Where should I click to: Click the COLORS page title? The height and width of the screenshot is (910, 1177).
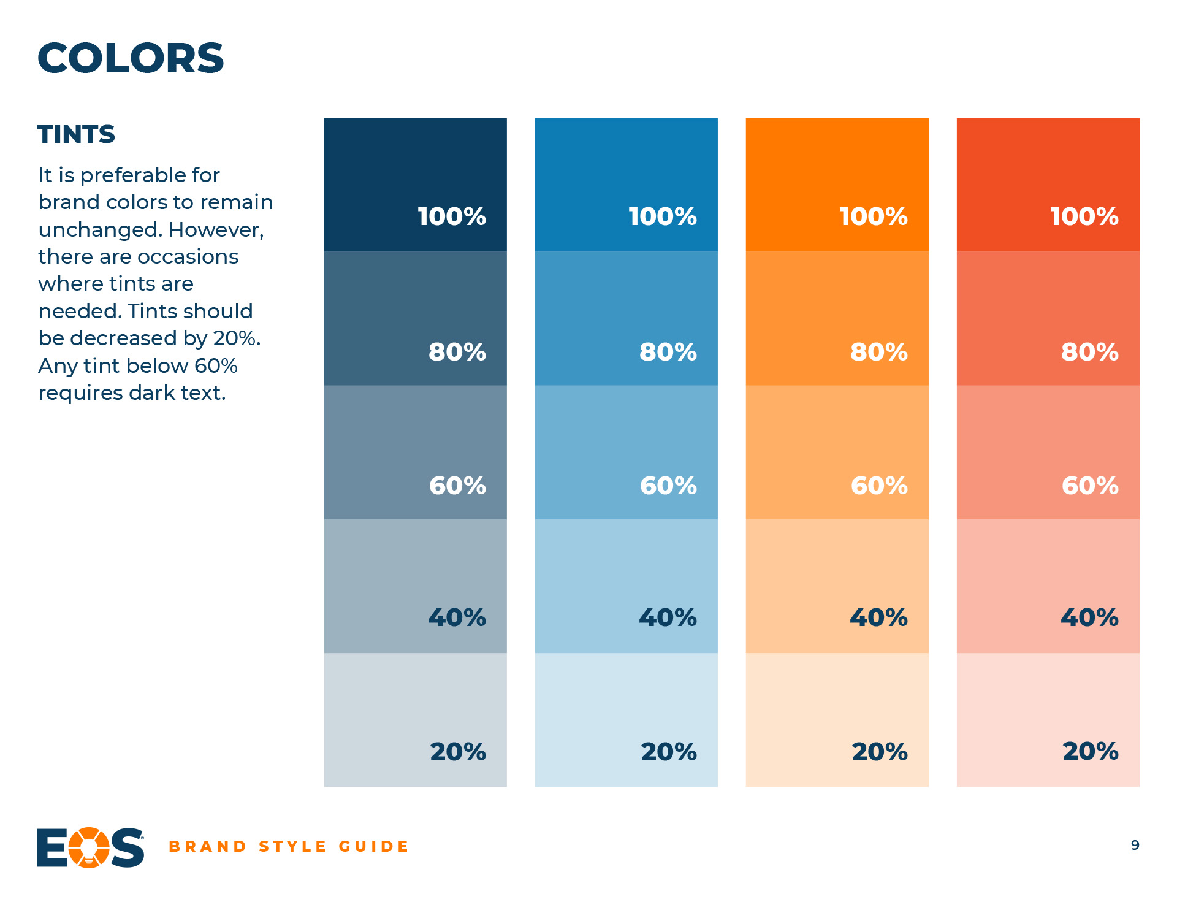point(131,58)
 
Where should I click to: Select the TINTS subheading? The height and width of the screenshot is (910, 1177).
point(76,134)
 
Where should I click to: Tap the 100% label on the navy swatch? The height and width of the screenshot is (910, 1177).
point(452,216)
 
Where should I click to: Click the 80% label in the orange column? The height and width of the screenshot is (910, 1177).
point(879,352)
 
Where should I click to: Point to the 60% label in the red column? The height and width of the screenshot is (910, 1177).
point(1090,486)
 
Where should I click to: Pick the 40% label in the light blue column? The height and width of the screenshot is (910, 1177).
point(668,617)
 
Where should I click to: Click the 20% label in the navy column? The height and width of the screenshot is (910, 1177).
point(458,752)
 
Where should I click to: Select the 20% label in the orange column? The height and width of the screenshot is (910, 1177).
point(880,752)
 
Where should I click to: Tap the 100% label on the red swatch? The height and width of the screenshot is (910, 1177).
point(1084,216)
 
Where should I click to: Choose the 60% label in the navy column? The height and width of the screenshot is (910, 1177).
point(457,486)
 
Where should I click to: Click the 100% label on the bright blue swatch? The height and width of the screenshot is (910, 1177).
point(663,216)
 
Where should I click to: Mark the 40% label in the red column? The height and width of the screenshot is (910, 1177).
point(1089,617)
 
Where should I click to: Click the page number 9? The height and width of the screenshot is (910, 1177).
point(1135,846)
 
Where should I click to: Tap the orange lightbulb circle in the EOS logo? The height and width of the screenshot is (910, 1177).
point(89,847)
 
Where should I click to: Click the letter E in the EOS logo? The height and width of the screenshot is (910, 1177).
point(52,847)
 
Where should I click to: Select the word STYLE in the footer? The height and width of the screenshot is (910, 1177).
point(292,847)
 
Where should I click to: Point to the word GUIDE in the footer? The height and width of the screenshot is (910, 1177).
point(373,847)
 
